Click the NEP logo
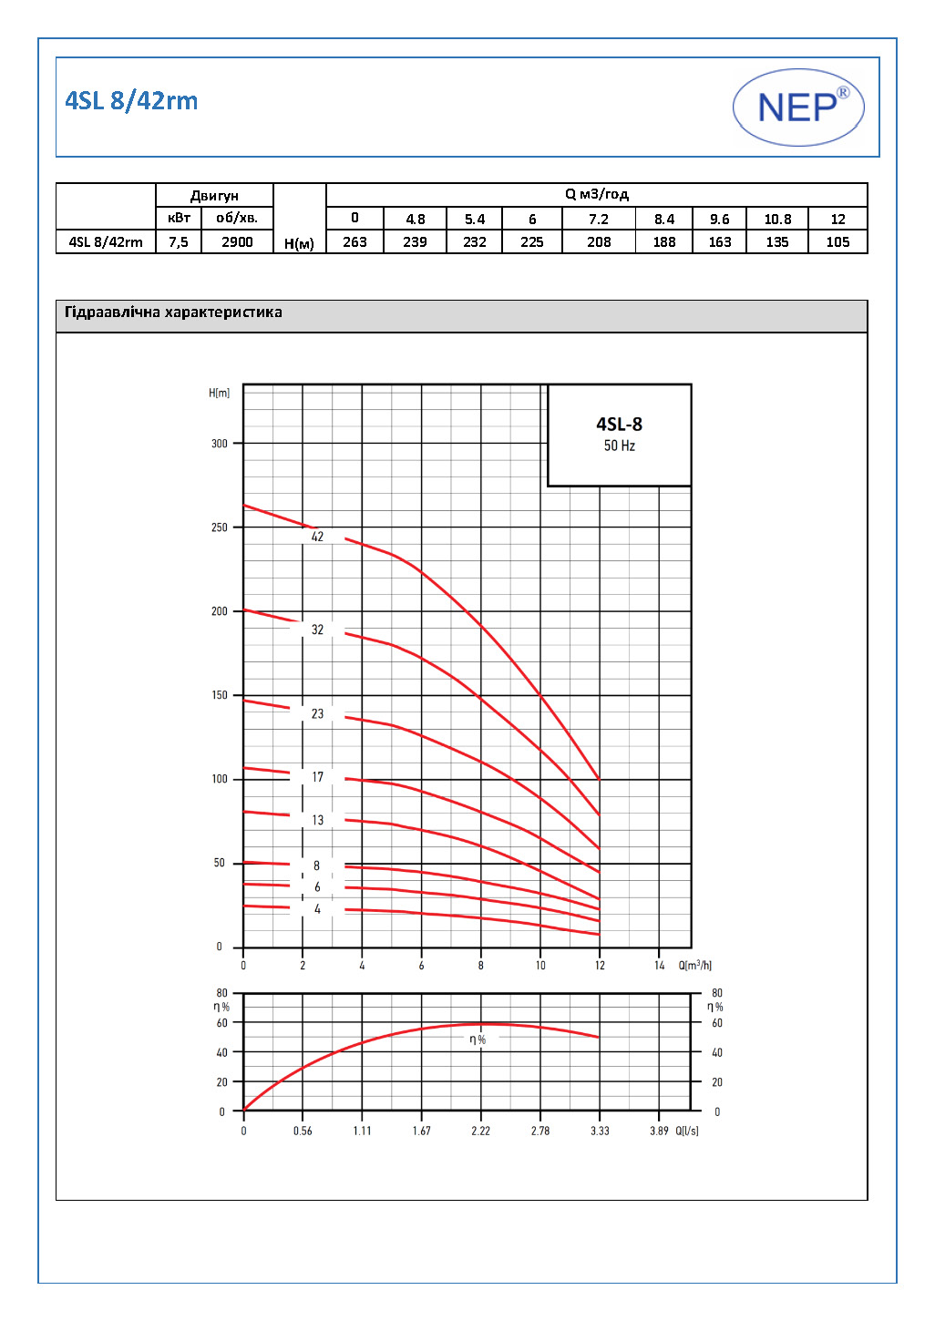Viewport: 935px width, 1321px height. pos(798,108)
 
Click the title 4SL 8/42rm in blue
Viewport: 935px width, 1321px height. pos(131,101)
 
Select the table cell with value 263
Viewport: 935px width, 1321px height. pos(354,242)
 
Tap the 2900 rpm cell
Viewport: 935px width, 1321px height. pos(237,242)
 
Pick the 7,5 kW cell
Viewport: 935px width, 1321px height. pos(179,242)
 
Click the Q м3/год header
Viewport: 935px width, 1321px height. pos(597,194)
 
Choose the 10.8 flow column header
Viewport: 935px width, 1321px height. pos(777,220)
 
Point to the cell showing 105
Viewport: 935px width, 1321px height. pos(837,242)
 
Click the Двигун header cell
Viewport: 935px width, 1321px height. pos(214,196)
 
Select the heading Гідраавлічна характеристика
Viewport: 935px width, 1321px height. pos(173,312)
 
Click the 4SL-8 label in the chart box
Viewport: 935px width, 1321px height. pos(619,425)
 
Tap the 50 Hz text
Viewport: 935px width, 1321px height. pos(619,445)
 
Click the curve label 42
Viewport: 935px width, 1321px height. pos(317,537)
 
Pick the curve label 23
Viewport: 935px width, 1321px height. pos(317,713)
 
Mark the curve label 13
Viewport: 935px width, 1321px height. pos(317,820)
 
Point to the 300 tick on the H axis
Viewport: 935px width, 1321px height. pos(220,444)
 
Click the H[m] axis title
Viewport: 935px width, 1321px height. pos(219,394)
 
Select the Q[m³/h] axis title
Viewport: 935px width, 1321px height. pos(694,966)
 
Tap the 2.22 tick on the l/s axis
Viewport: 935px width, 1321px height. pos(480,1132)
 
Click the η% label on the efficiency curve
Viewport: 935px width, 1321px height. pos(478,1039)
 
